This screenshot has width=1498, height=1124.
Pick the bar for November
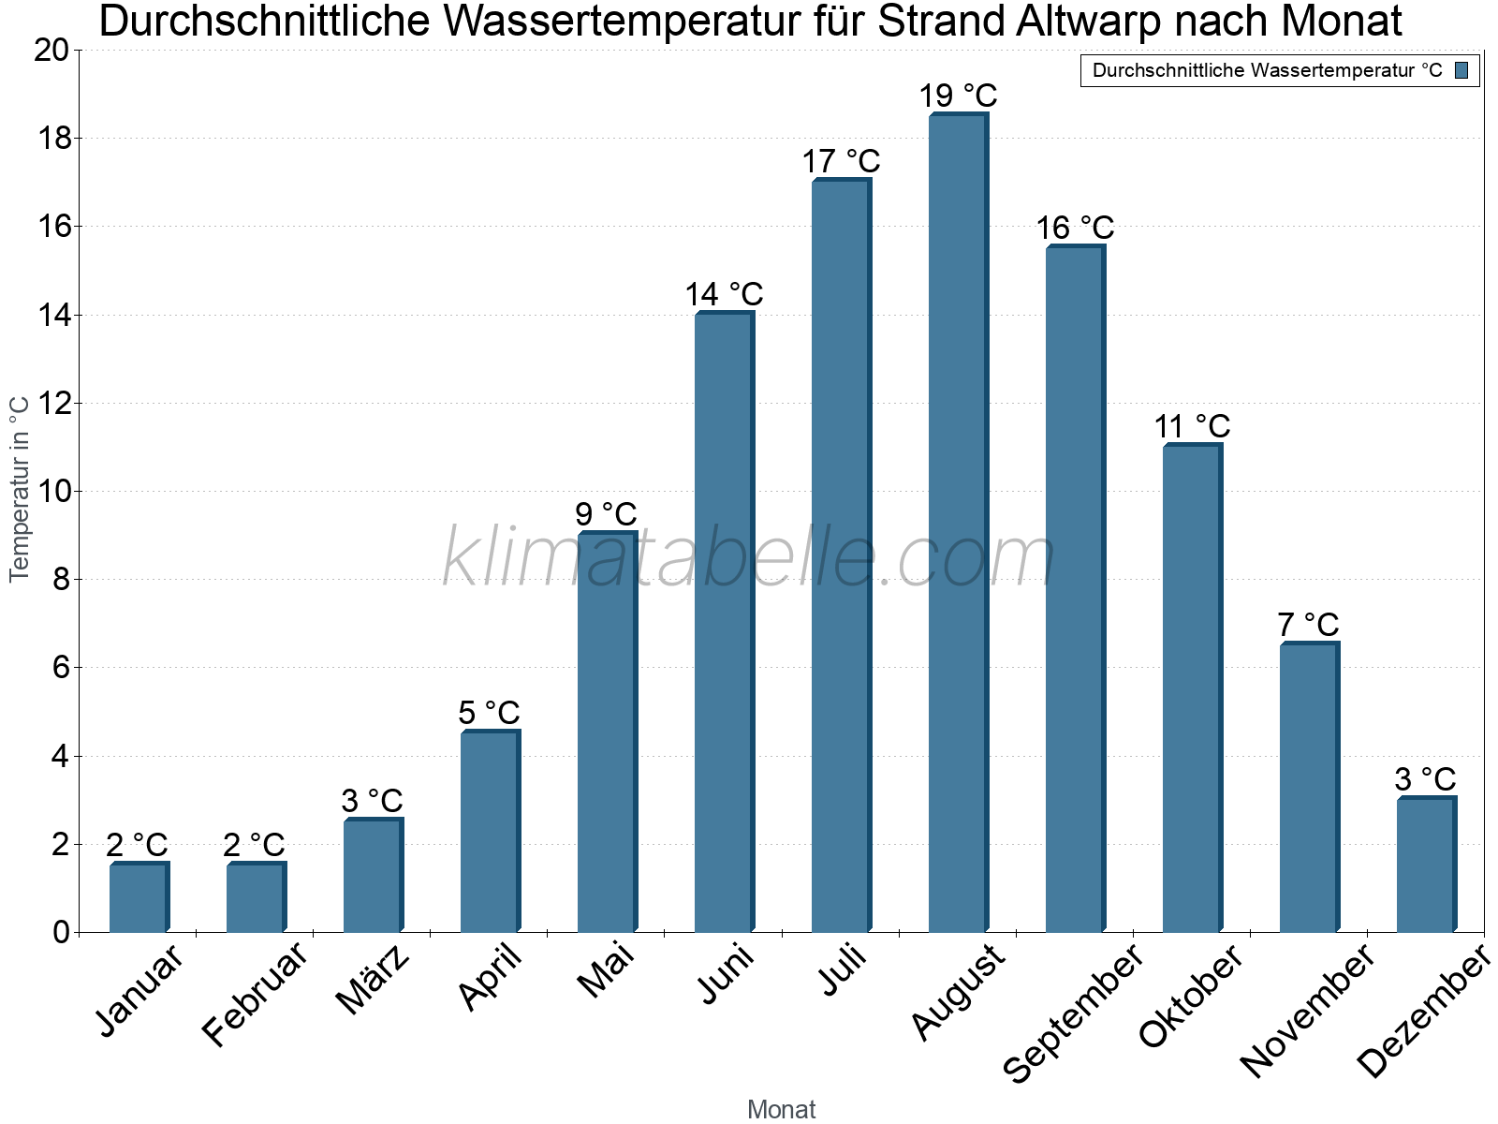coord(1309,787)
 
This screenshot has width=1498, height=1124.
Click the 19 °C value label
coord(958,96)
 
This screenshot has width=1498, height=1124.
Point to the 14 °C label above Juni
coord(724,294)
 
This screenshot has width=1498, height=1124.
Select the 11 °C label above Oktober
coord(1192,426)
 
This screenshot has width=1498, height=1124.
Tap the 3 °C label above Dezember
coord(1425,779)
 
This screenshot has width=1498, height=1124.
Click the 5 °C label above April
coord(489,713)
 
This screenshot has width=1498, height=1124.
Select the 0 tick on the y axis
coord(61,932)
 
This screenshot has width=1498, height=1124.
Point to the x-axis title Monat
coord(781,1109)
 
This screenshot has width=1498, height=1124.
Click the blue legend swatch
coord(1462,70)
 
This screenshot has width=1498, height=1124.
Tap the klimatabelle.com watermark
coord(749,558)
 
